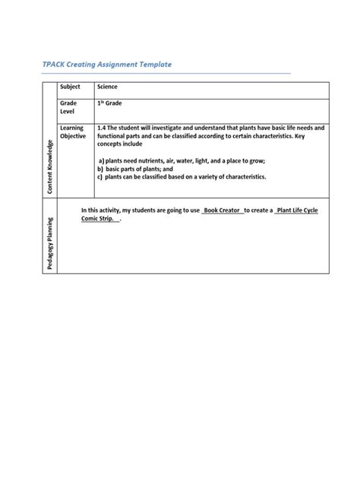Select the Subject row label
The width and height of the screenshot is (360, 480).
(71, 87)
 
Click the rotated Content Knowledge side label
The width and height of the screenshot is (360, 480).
(50, 166)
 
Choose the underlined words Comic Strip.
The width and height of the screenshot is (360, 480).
(99, 219)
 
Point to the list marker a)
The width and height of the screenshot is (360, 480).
(103, 162)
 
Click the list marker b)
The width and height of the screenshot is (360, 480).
(99, 169)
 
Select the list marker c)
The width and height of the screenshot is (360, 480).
(99, 177)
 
